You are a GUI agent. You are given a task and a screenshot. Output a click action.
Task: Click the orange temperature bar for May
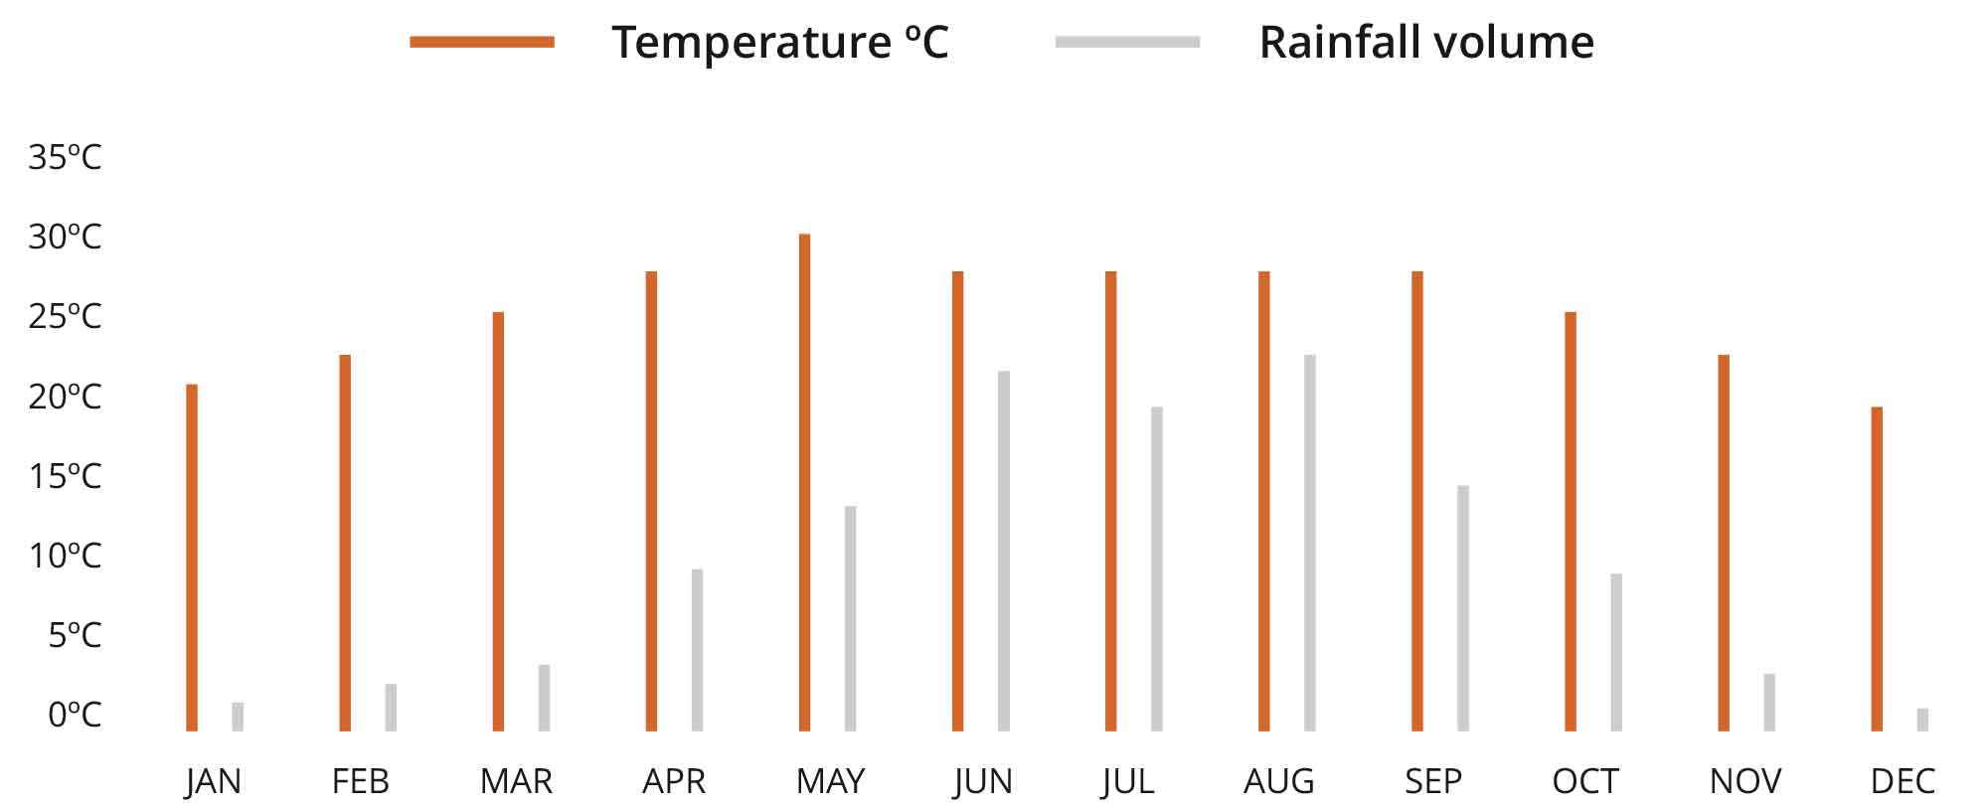[x=804, y=482]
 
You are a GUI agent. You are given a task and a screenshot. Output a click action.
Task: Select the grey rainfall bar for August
[x=1310, y=543]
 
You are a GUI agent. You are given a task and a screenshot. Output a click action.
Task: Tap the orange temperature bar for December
[x=1877, y=568]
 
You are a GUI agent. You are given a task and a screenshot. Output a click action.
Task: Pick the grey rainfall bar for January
[x=238, y=717]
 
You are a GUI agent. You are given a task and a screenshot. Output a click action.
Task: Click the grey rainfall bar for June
[x=1004, y=551]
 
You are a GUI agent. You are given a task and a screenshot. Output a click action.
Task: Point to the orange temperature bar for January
[x=192, y=557]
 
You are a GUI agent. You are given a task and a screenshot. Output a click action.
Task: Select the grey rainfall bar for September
[x=1463, y=608]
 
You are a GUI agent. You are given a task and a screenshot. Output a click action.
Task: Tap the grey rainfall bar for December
[x=1922, y=720]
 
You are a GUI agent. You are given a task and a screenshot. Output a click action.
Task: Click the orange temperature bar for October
[x=1571, y=522]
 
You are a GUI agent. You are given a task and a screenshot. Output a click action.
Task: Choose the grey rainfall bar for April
[x=697, y=650]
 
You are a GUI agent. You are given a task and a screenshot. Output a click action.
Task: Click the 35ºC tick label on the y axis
[x=65, y=157]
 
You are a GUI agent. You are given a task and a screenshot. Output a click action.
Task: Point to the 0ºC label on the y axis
[x=75, y=714]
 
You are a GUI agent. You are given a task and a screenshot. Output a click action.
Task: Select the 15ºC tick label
[x=65, y=476]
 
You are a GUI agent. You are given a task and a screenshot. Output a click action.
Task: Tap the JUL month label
[x=1128, y=781]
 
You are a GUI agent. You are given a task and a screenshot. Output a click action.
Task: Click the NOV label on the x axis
[x=1745, y=781]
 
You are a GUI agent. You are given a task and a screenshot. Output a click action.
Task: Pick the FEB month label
[x=360, y=781]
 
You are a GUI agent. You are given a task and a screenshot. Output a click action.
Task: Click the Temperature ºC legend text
[x=780, y=43]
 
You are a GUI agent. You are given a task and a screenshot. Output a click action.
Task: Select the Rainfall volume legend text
[x=1426, y=43]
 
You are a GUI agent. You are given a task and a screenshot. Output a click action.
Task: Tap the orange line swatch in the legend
[x=482, y=42]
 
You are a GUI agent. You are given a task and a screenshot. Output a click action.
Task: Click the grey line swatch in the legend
[x=1127, y=42]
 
